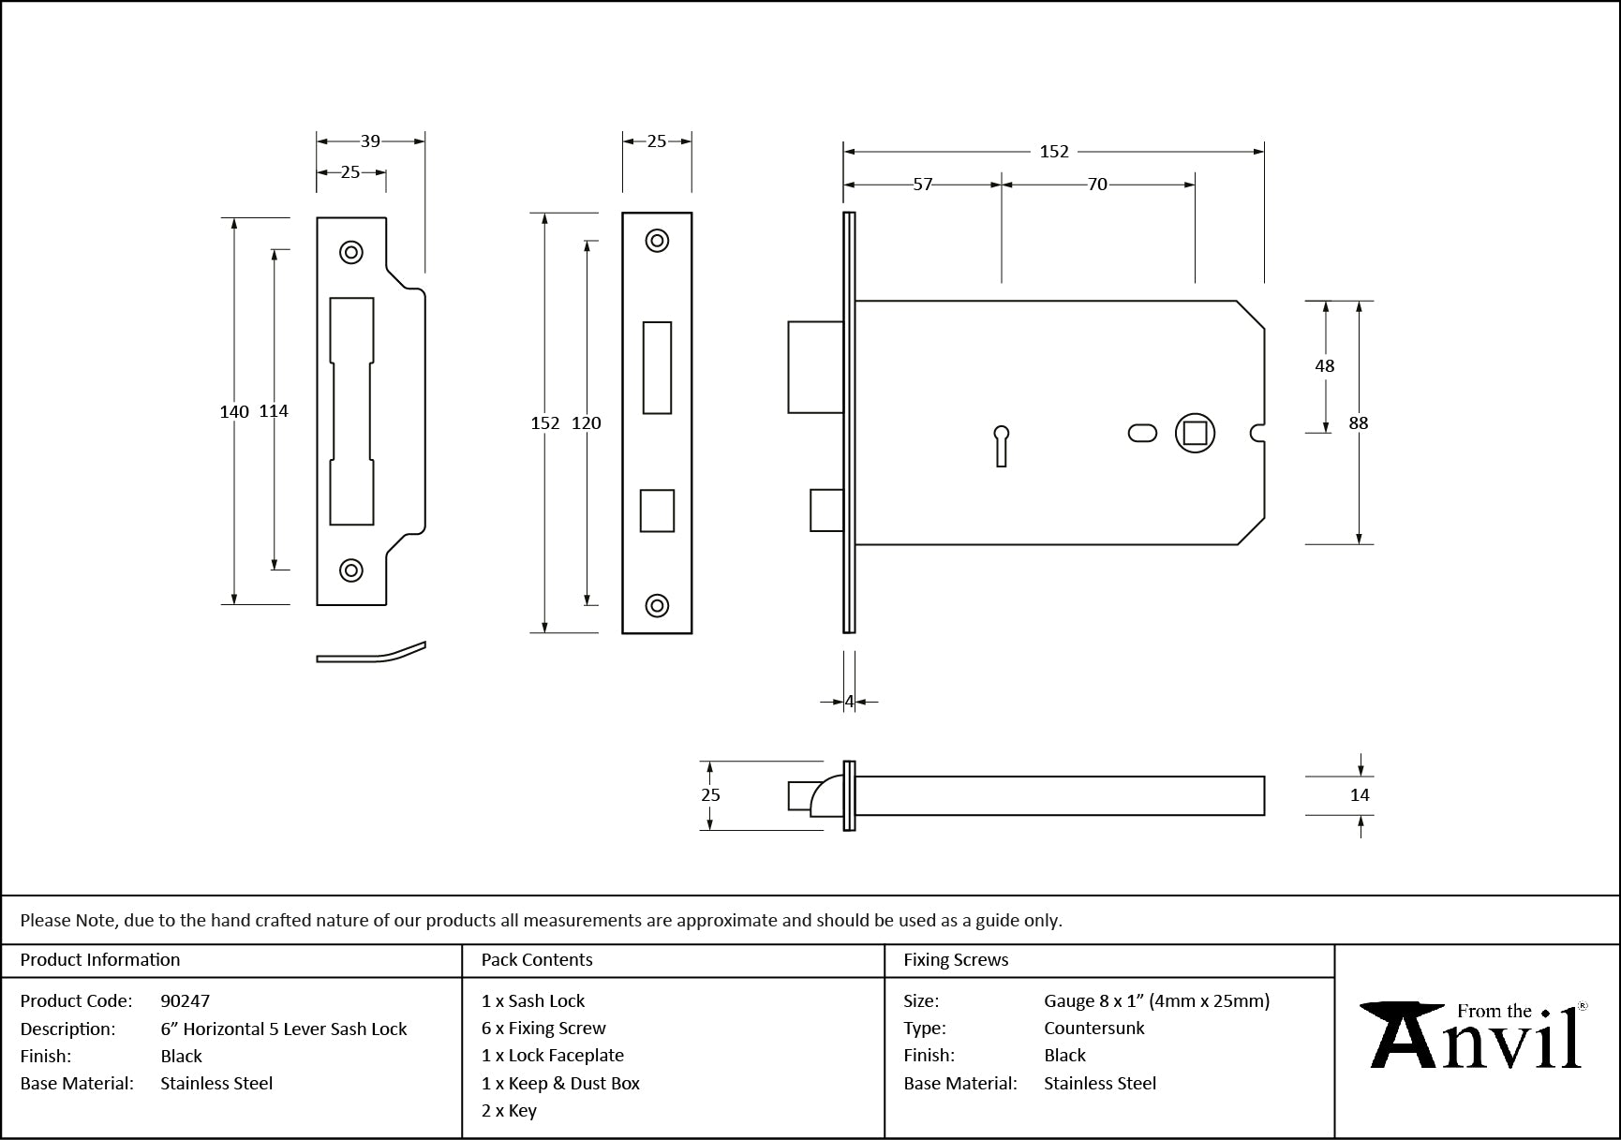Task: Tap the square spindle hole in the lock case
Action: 1195,433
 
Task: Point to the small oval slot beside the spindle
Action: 1142,433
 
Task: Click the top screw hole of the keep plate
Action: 351,252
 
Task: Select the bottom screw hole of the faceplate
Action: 657,605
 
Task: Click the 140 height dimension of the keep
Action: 234,411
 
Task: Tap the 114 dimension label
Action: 274,411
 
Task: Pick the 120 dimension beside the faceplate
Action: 587,423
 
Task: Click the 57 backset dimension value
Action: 923,185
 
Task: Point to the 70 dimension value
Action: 1097,185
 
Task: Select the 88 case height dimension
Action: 1359,423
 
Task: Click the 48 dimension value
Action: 1325,366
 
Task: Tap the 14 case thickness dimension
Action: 1360,795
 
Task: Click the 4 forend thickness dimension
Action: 849,701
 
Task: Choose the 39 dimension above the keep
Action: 370,141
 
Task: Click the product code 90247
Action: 186,1000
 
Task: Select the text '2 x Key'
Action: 509,1111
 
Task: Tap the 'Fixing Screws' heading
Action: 956,960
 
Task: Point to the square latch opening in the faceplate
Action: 657,511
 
